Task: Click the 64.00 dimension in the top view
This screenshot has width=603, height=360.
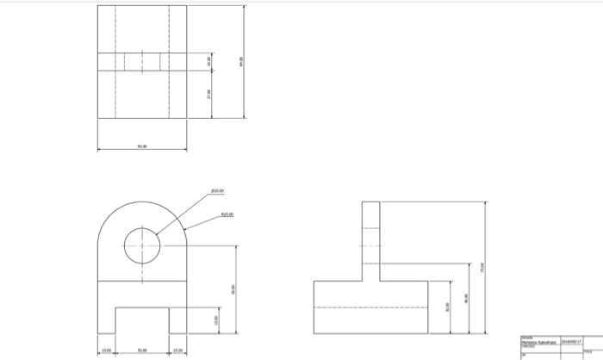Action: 243,62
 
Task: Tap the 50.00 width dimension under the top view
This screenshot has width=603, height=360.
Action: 142,147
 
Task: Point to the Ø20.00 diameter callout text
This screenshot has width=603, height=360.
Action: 214,191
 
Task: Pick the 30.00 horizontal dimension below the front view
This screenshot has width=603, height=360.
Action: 142,351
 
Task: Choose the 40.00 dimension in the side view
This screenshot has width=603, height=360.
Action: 467,297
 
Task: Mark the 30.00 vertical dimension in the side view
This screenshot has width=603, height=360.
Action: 447,307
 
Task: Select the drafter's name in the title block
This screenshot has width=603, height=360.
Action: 538,341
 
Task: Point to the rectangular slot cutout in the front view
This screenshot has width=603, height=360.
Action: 142,320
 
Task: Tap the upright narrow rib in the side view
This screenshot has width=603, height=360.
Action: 370,241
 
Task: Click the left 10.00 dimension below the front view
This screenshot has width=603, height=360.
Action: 106,351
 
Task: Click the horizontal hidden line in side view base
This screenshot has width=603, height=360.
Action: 370,307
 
